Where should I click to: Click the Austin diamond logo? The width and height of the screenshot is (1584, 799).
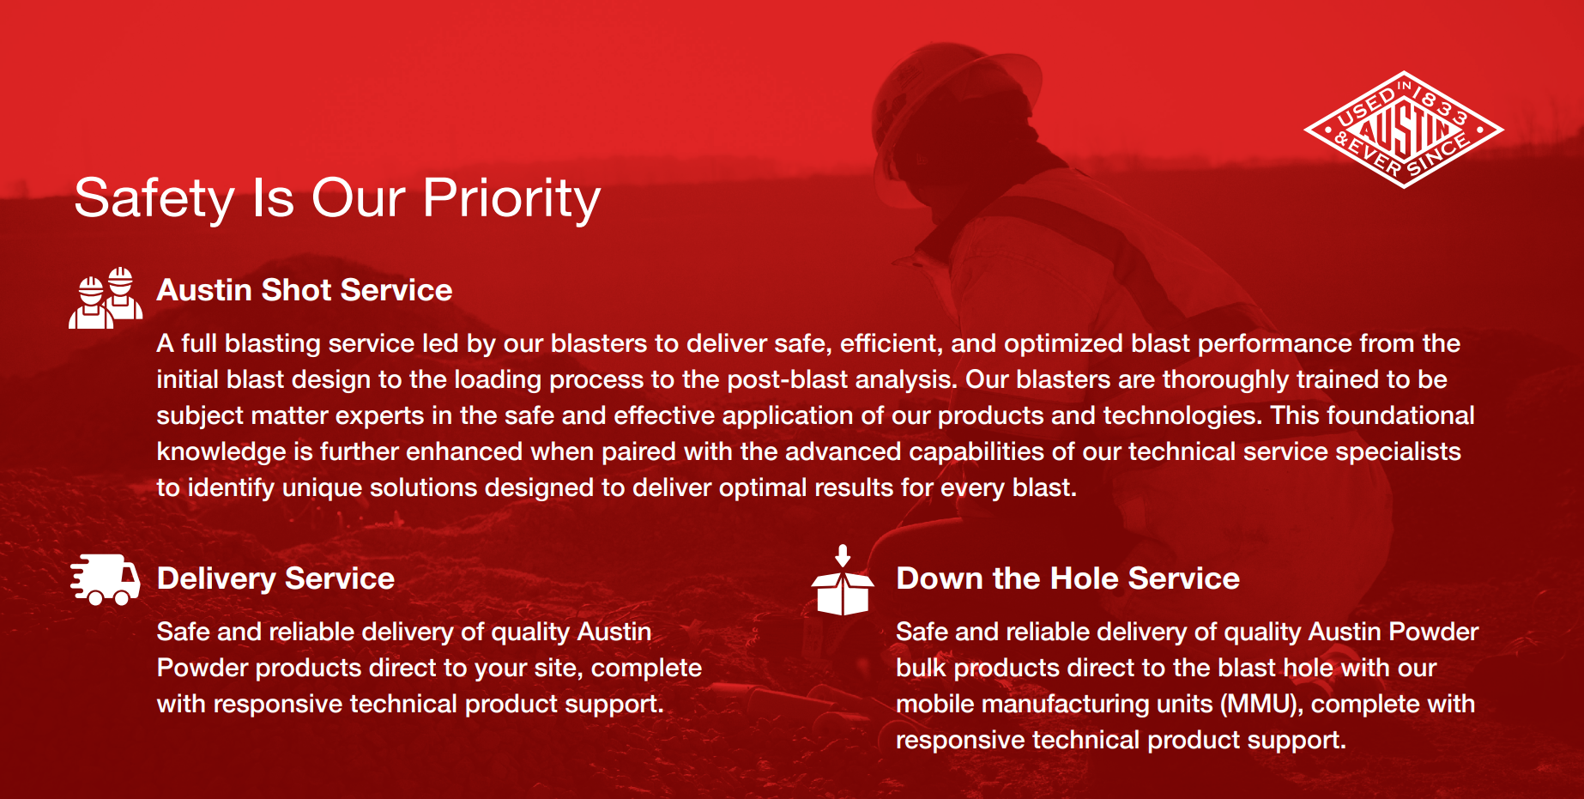point(1404,130)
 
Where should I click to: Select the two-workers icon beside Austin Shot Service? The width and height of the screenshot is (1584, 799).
point(106,298)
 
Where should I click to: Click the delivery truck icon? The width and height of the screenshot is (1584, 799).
point(105,579)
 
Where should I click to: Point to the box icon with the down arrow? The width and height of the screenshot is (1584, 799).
point(843,580)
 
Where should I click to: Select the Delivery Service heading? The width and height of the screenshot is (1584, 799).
point(275,579)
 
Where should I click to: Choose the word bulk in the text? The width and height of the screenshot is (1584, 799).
point(921,668)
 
